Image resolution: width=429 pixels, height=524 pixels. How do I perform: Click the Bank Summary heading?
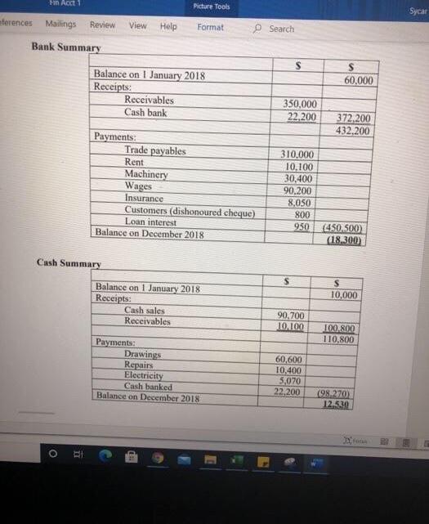pyautogui.click(x=65, y=47)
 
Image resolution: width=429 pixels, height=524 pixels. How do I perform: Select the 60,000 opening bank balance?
pyautogui.click(x=359, y=80)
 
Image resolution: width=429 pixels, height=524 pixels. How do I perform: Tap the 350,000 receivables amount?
pyautogui.click(x=300, y=105)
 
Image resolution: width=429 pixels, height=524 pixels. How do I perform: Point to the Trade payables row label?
pyautogui.click(x=154, y=150)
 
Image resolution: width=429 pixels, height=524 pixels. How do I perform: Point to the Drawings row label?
pyautogui.click(x=142, y=354)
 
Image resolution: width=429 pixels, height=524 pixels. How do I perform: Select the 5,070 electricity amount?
pyautogui.click(x=293, y=380)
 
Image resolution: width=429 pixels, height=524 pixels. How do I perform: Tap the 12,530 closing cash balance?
pyautogui.click(x=335, y=405)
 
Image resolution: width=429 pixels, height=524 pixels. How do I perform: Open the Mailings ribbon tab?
pyautogui.click(x=60, y=25)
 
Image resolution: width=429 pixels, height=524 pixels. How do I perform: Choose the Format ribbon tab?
pyautogui.click(x=210, y=27)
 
